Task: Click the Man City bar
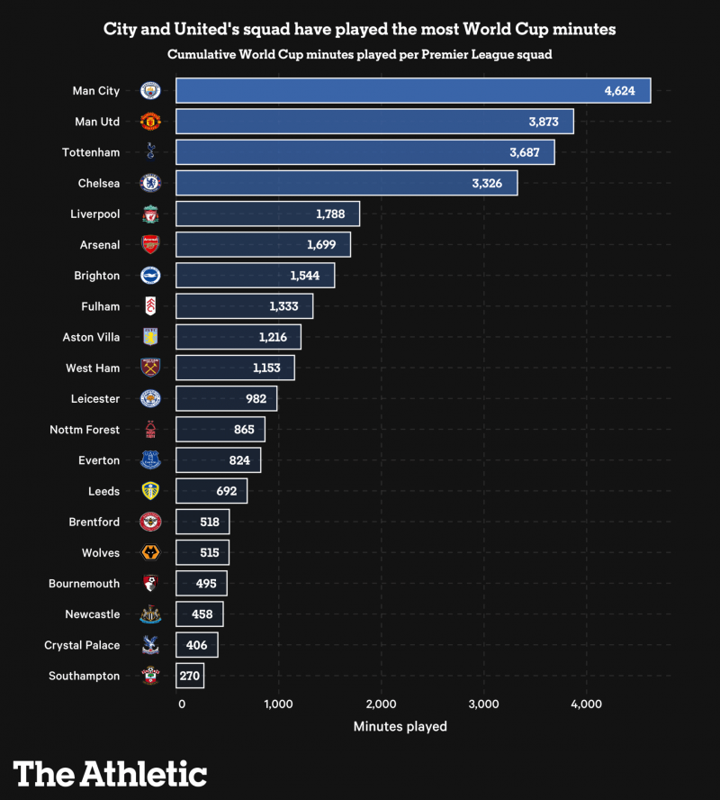[x=412, y=91]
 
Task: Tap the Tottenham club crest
[x=149, y=152]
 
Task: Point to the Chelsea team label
[x=98, y=184]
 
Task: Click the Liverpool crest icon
[x=149, y=214]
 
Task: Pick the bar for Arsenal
[x=263, y=245]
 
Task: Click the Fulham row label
[x=100, y=306]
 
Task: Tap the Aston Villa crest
[x=149, y=338]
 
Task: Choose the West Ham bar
[x=235, y=368]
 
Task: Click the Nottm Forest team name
[x=85, y=430]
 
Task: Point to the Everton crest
[x=149, y=460]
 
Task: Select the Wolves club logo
[x=149, y=553]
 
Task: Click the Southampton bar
[x=190, y=676]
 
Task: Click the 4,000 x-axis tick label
[x=586, y=704]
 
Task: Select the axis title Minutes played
[x=400, y=726]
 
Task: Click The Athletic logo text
[x=110, y=774]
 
